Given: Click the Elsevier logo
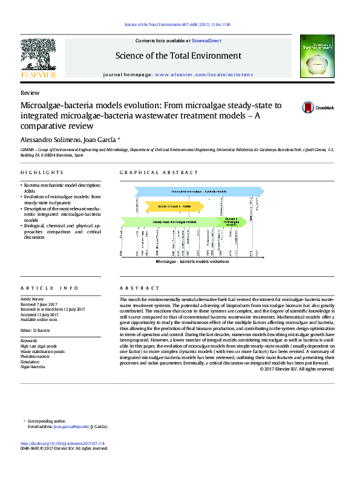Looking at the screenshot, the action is [x=38, y=60].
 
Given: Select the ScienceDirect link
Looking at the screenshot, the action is [x=206, y=41].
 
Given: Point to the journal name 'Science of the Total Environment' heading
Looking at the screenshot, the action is [x=178, y=56].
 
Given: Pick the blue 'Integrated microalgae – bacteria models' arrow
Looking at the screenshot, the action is [x=194, y=192].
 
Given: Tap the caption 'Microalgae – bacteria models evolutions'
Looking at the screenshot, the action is [x=192, y=262].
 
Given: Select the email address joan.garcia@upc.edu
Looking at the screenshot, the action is [x=71, y=426].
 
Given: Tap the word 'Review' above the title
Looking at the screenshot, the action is [x=30, y=93].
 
